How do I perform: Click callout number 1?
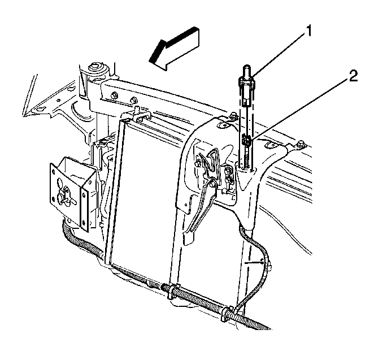click(x=309, y=31)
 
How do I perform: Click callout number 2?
click(x=352, y=76)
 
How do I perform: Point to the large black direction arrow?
click(x=174, y=49)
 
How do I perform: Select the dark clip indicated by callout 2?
click(x=247, y=140)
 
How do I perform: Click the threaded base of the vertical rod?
click(x=247, y=161)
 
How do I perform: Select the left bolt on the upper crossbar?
click(x=114, y=96)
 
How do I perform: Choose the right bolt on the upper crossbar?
click(x=133, y=99)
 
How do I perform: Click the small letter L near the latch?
click(x=233, y=198)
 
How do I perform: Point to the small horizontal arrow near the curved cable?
click(x=254, y=262)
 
